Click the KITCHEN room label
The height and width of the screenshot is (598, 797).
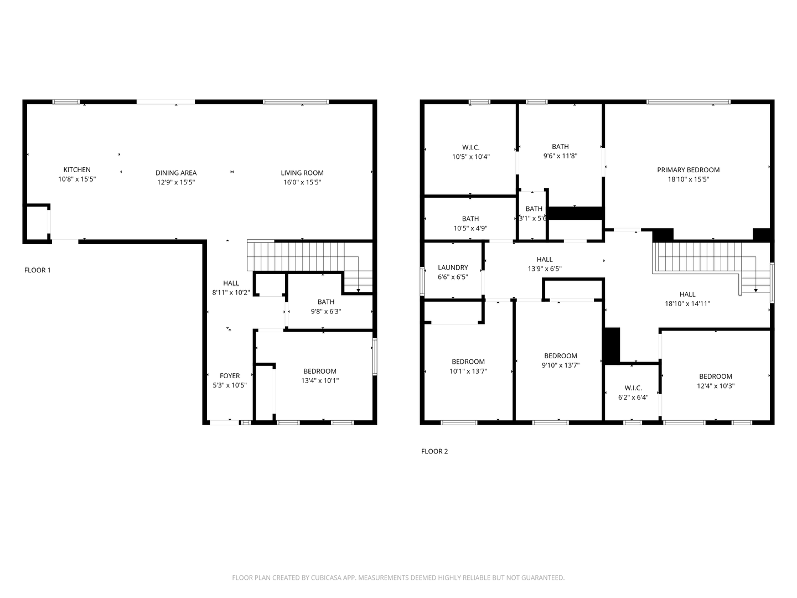tap(77, 170)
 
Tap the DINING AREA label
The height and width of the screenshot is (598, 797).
tap(176, 173)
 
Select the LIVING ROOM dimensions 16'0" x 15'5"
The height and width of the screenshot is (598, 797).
tap(302, 182)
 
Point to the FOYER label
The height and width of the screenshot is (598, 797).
tap(230, 375)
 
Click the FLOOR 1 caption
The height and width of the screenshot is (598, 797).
tap(38, 270)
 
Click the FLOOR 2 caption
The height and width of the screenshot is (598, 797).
tap(434, 451)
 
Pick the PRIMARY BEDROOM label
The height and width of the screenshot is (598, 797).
tap(688, 170)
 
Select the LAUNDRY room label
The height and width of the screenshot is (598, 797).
tap(453, 267)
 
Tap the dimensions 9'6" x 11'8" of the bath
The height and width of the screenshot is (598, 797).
tap(560, 156)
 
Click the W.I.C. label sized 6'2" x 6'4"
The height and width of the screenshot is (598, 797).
tap(633, 388)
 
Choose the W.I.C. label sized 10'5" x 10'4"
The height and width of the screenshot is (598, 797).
tap(470, 147)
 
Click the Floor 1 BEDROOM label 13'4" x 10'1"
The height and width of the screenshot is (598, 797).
tap(320, 371)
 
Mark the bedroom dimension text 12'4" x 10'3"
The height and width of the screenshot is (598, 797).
tap(715, 386)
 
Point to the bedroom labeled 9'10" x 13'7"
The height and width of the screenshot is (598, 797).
tap(561, 356)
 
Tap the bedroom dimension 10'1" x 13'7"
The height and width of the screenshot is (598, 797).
tap(468, 372)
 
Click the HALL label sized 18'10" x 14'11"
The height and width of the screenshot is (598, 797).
tap(687, 294)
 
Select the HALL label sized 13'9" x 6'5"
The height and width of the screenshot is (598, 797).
tap(545, 259)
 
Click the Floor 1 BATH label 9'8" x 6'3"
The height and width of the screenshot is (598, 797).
tap(326, 302)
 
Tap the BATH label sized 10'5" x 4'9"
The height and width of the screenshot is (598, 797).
tap(470, 219)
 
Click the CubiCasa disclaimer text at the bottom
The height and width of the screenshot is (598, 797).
tap(398, 578)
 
